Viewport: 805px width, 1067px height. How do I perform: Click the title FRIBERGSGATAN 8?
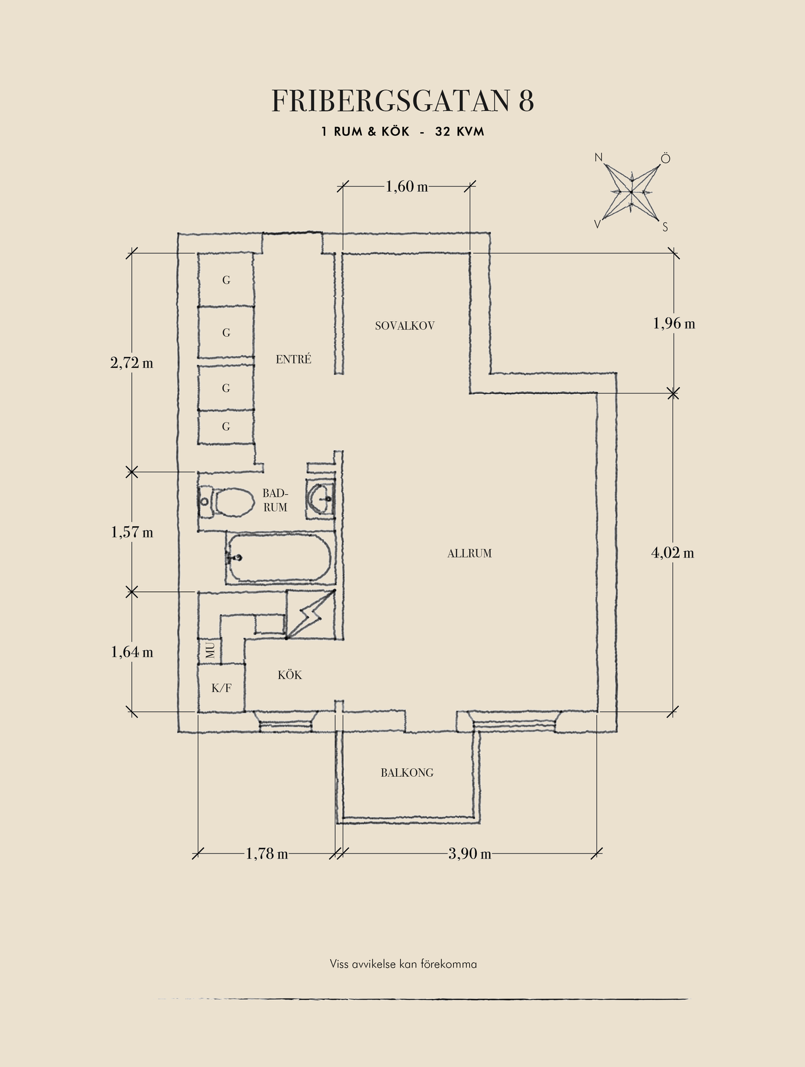402,101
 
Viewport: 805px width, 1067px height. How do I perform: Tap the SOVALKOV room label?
404,326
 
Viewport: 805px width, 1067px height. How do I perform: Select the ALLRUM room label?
469,554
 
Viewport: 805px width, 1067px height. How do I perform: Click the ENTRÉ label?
293,360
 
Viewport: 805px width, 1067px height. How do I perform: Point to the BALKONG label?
407,772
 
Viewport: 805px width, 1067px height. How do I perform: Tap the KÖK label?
290,675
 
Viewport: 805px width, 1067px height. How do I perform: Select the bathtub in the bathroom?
280,558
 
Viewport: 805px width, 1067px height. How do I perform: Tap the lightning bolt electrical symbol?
311,614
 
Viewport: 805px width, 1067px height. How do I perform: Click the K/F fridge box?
221,688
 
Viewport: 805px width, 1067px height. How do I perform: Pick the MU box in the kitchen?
210,650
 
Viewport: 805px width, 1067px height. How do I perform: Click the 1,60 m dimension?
406,187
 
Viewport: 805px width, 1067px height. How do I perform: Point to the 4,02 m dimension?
673,553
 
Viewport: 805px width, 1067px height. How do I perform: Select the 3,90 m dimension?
470,854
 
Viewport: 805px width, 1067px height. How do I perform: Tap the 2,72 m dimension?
132,363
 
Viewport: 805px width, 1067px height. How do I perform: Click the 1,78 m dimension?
267,854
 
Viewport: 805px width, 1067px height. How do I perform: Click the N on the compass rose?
599,158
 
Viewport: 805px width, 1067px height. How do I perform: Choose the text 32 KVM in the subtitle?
460,132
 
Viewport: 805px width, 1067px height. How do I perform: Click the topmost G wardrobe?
226,280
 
